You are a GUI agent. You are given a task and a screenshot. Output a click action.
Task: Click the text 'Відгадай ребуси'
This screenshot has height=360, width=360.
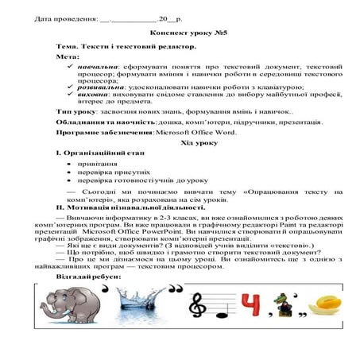[87, 276]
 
